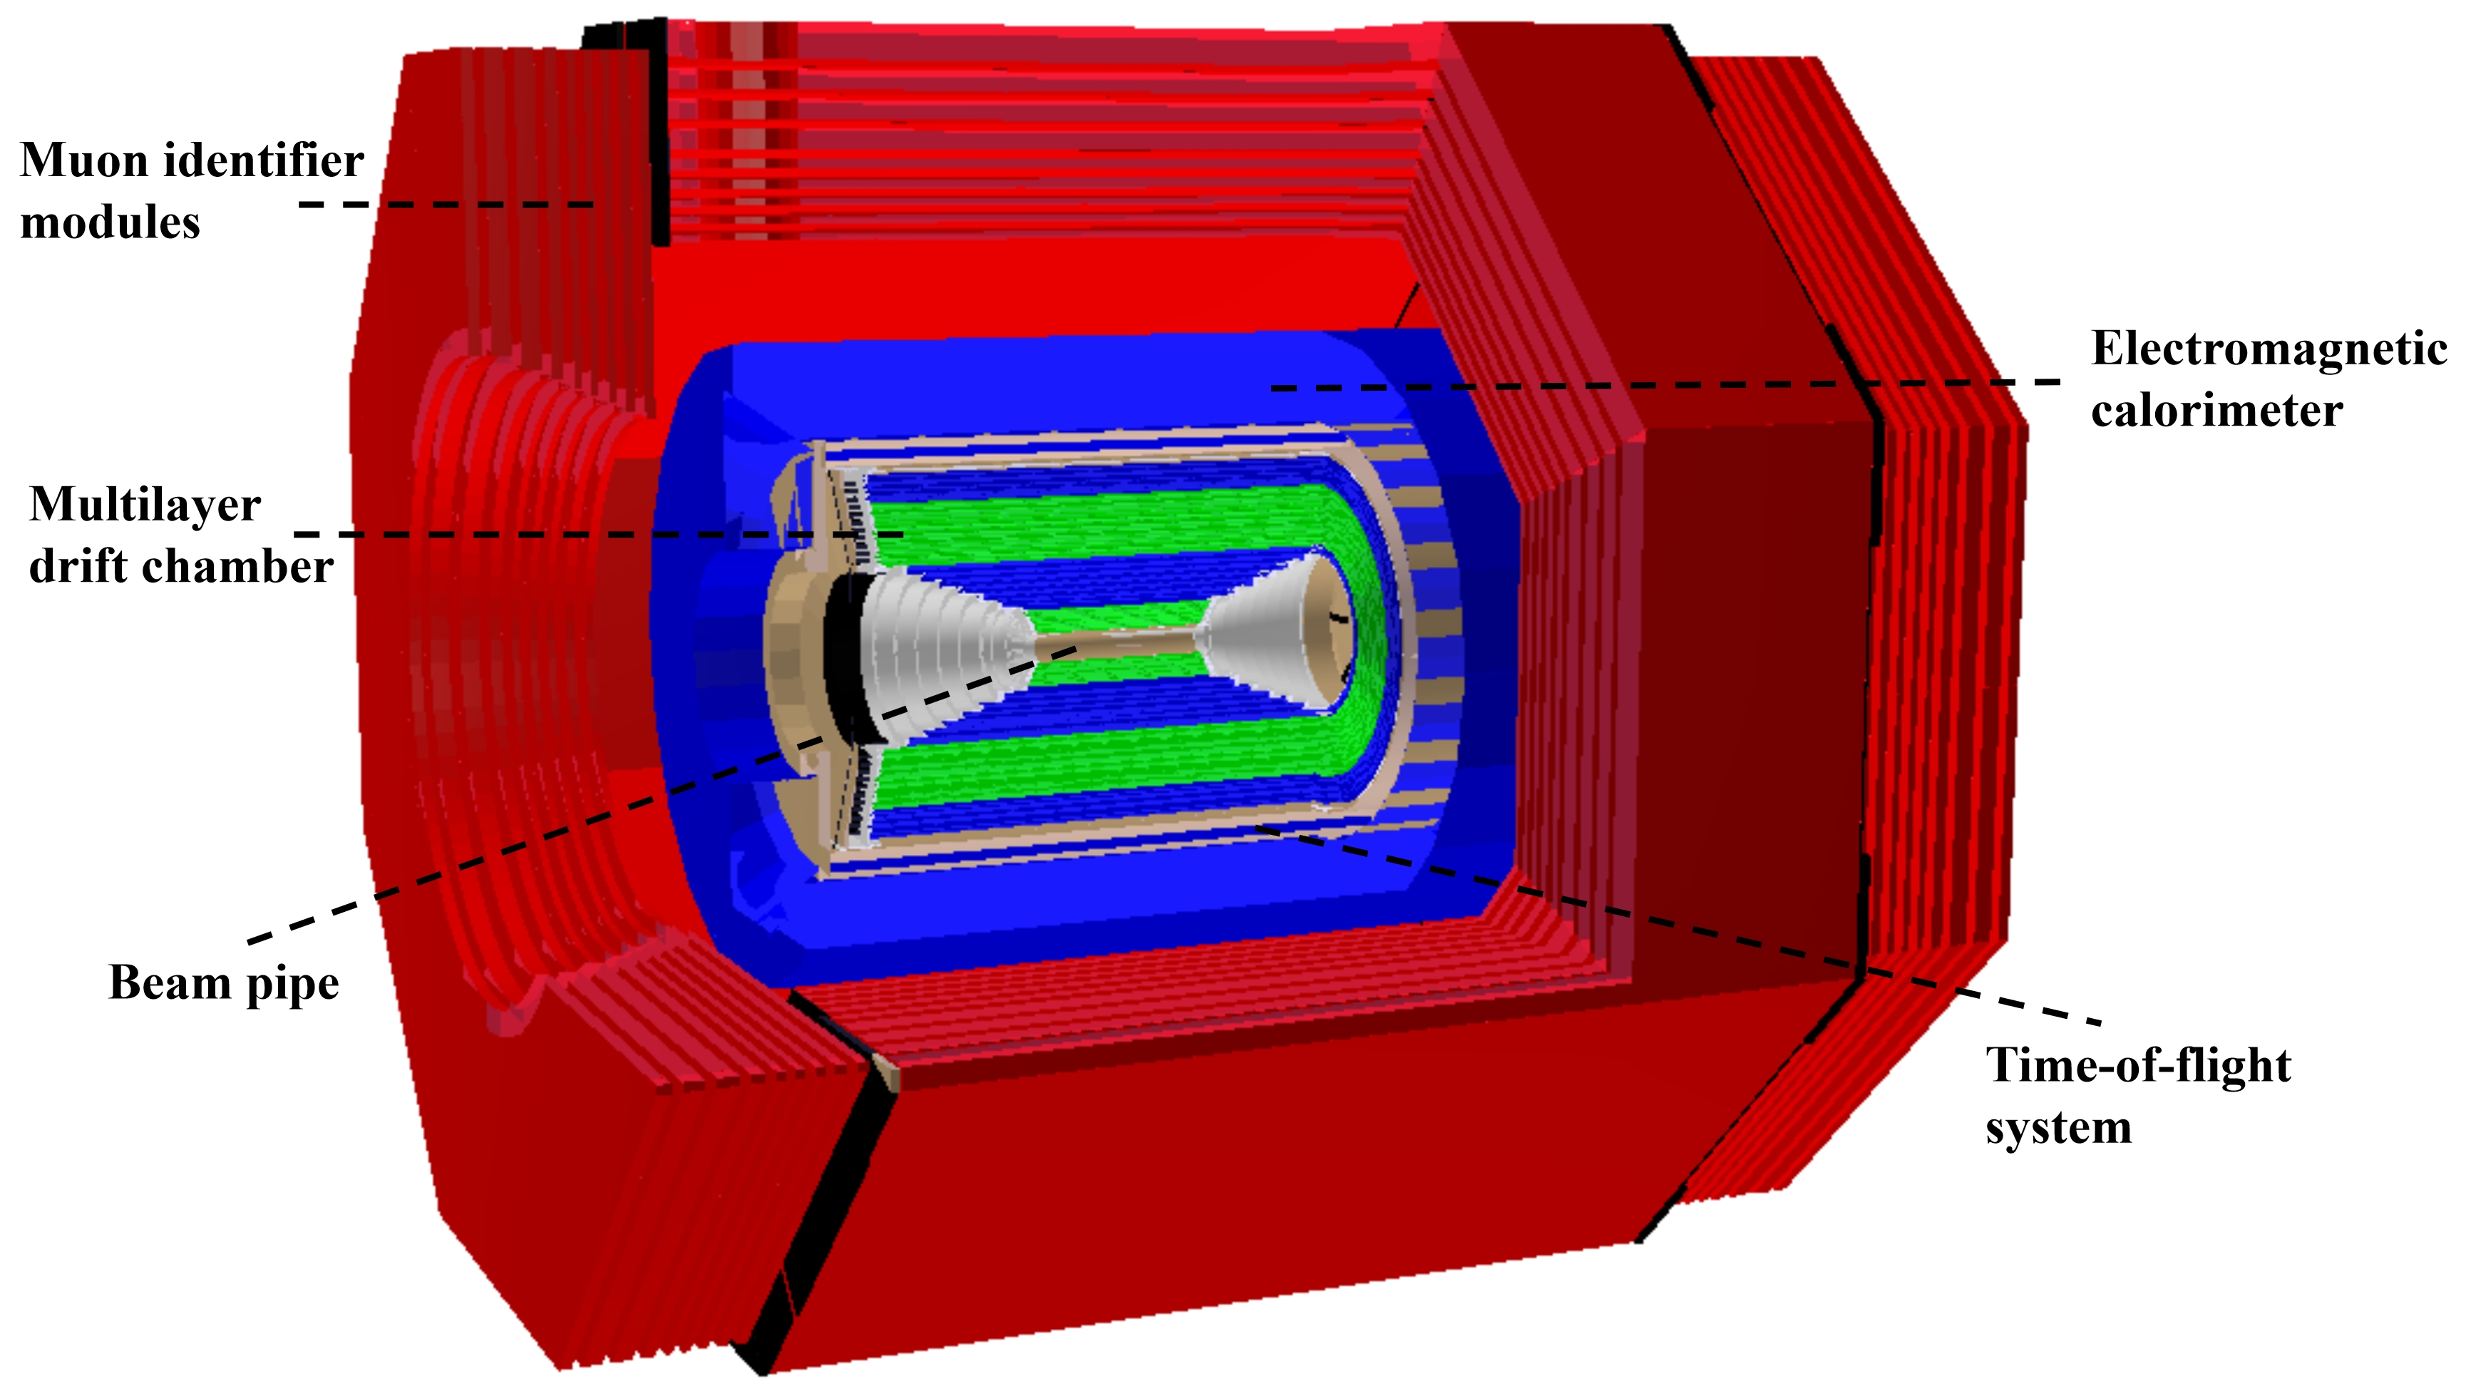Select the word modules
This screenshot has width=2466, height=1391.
tap(110, 223)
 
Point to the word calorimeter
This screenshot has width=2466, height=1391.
tap(2216, 411)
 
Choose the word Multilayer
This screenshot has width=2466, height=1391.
tap(145, 505)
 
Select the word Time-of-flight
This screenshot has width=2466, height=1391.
tap(2137, 1065)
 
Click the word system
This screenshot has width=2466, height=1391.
tap(2058, 1126)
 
